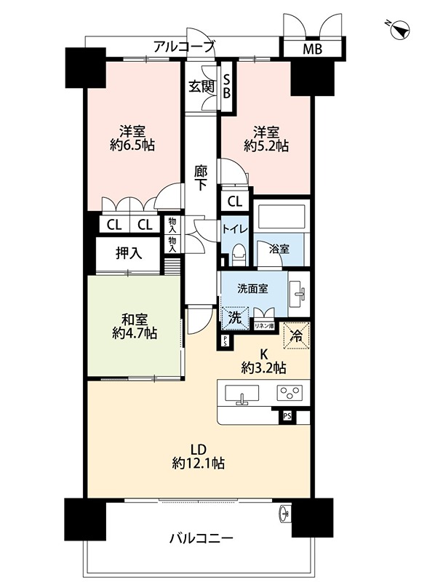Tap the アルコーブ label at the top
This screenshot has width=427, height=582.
[x=184, y=47]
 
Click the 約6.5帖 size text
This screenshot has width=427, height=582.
[x=132, y=145]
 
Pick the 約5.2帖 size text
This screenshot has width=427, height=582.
[x=266, y=145]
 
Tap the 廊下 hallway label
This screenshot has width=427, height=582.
[x=201, y=178]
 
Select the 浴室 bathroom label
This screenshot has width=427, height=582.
[x=280, y=248]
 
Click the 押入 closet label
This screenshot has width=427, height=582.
[x=129, y=253]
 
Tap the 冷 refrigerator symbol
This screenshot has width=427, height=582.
[x=297, y=335]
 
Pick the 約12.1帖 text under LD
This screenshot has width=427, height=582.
[x=197, y=463]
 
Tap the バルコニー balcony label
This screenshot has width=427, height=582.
[x=201, y=539]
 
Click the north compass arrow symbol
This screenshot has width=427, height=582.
[x=399, y=30]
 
